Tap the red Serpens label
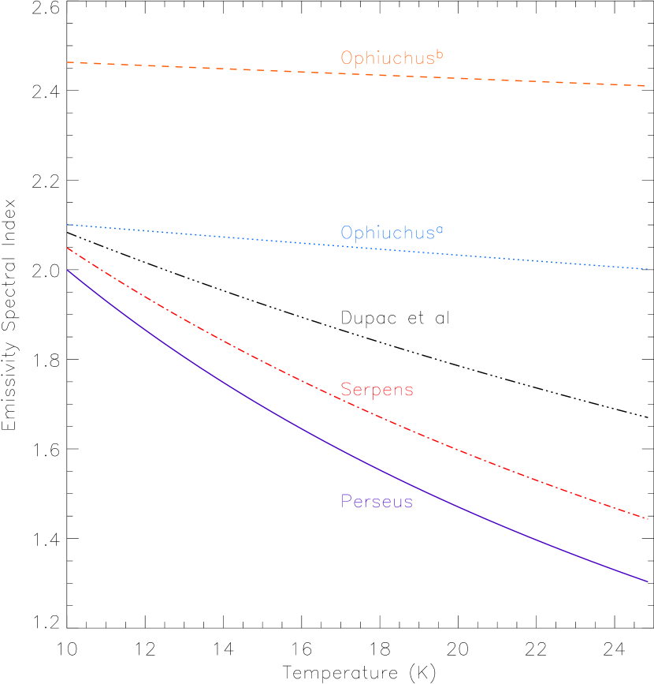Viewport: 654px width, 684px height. (x=377, y=390)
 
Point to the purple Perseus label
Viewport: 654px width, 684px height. (x=377, y=502)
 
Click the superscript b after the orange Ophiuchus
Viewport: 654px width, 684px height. (x=440, y=54)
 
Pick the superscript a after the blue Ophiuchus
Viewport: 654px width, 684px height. (x=440, y=230)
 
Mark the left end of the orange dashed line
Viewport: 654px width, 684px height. (x=68, y=62)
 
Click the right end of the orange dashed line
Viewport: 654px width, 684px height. (x=647, y=85)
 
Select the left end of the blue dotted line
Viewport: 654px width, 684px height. (x=68, y=225)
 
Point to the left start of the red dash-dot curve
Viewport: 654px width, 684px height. (x=68, y=248)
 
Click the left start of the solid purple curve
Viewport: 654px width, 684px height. (x=68, y=270)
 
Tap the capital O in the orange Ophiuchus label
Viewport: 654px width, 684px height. (x=347, y=58)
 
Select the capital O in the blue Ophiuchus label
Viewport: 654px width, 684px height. (x=347, y=234)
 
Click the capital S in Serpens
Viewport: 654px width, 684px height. (x=346, y=390)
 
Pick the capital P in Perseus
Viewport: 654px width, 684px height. (x=346, y=502)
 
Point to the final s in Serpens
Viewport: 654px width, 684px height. (x=408, y=391)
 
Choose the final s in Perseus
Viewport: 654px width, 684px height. (x=408, y=503)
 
